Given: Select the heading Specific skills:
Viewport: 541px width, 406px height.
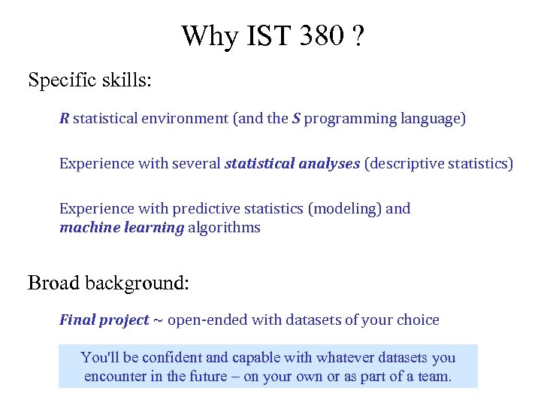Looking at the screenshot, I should [x=89, y=80].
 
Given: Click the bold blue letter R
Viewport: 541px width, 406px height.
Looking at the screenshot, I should [x=65, y=119].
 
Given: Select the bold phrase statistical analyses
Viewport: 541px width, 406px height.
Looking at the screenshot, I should [x=292, y=163].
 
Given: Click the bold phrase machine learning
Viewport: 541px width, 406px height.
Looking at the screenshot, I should [x=122, y=227].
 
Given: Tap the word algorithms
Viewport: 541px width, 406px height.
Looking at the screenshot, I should [x=224, y=228].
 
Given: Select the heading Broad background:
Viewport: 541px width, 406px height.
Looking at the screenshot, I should [x=108, y=283].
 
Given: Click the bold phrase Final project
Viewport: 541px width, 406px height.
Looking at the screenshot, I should [x=104, y=320].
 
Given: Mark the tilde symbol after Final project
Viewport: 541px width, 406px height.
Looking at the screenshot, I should [x=158, y=320].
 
